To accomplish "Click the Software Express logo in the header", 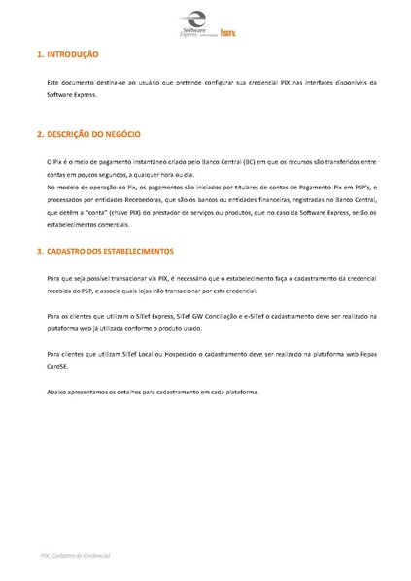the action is tap(194, 23).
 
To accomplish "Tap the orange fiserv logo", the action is tap(228, 31).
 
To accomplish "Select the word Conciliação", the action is tap(221, 316).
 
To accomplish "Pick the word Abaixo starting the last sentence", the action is tap(57, 392).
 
